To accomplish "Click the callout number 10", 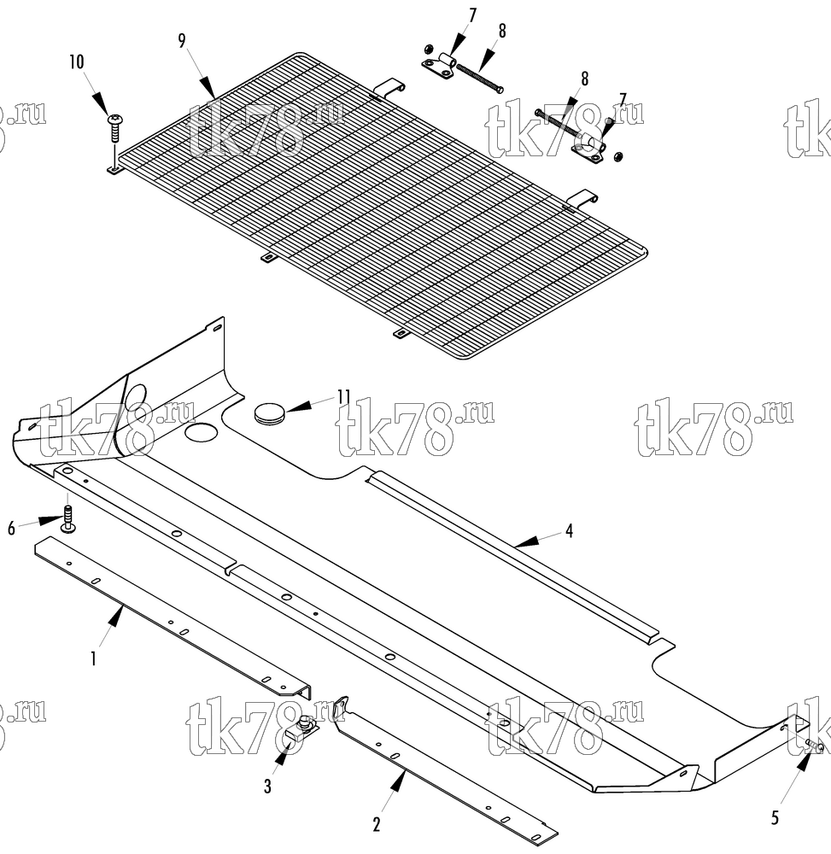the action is tap(77, 62).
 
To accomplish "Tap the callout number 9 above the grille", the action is tap(182, 40).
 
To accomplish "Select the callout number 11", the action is tap(343, 396).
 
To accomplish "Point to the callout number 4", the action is tap(570, 530).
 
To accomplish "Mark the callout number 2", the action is tap(377, 825).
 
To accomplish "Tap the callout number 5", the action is tap(775, 817).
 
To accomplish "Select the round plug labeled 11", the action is tap(269, 412).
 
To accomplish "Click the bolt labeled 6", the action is tap(68, 519).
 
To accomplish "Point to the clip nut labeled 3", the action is tap(300, 730).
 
